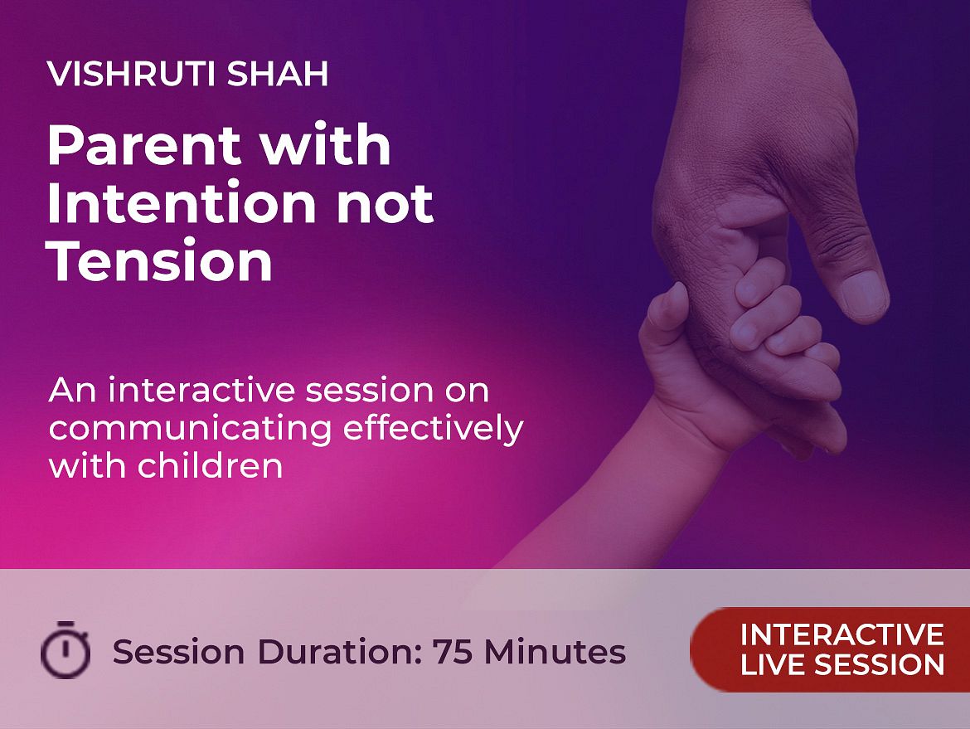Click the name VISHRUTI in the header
point(130,74)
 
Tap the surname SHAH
point(277,74)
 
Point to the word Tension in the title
point(160,261)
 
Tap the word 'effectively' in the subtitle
point(433,428)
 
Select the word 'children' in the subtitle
point(210,464)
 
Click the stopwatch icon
point(65,649)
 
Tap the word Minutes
point(555,652)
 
